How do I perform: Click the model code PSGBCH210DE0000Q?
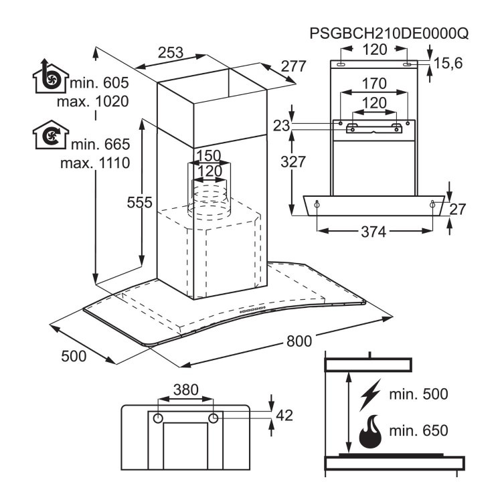[389, 33]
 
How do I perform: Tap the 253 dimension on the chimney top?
[171, 53]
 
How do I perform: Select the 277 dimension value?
[294, 66]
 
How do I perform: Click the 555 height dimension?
[139, 202]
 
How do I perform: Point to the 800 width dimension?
[299, 341]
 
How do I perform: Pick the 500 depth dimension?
[74, 356]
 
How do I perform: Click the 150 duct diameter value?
[208, 156]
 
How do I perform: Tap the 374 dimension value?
[373, 232]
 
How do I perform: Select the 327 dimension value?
[293, 162]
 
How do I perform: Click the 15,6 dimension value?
[448, 64]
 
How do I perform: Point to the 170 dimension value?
[374, 84]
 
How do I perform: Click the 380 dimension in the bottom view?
[186, 390]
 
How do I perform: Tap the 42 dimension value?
[284, 415]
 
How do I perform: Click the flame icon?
[370, 432]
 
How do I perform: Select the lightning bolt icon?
[370, 395]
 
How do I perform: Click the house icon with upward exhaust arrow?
[51, 76]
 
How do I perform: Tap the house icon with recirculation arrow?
[51, 135]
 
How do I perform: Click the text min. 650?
[418, 430]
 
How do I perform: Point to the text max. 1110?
[95, 163]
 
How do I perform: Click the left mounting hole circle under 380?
[158, 418]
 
